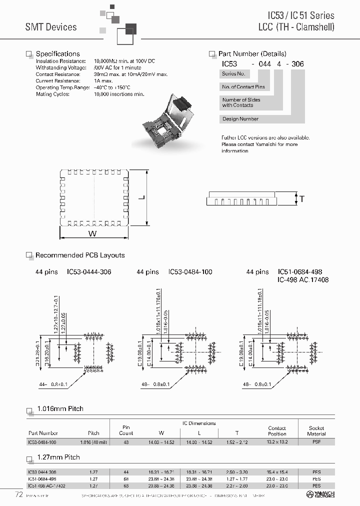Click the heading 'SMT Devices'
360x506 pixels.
point(51,27)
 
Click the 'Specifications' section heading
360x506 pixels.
point(57,54)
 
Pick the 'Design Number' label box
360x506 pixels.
point(240,119)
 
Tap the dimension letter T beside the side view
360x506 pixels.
point(302,199)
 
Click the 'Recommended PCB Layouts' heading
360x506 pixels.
point(80,255)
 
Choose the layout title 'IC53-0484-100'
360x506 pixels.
point(190,272)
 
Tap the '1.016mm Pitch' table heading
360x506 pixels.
point(60,409)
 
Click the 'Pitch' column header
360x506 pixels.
point(93,433)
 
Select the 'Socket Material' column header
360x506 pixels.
point(316,430)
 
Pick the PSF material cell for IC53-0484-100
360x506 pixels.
point(316,442)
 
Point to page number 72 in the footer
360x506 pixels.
point(18,495)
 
